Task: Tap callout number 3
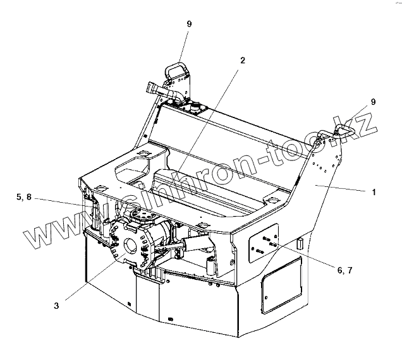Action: [x=56, y=306]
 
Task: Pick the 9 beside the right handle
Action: [x=373, y=102]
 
